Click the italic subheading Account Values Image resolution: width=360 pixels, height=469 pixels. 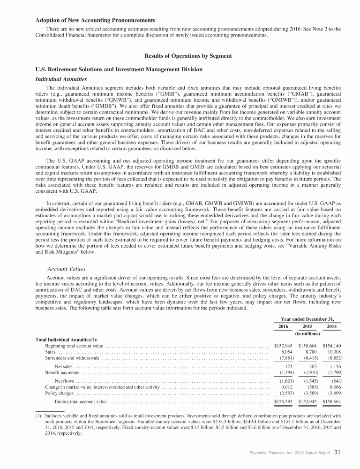pos(65,269)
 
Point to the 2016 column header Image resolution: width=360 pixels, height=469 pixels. pos(284,326)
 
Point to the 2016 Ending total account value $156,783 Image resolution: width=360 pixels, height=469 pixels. pos(284,402)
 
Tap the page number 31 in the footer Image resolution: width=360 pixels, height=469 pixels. pos(338,453)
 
